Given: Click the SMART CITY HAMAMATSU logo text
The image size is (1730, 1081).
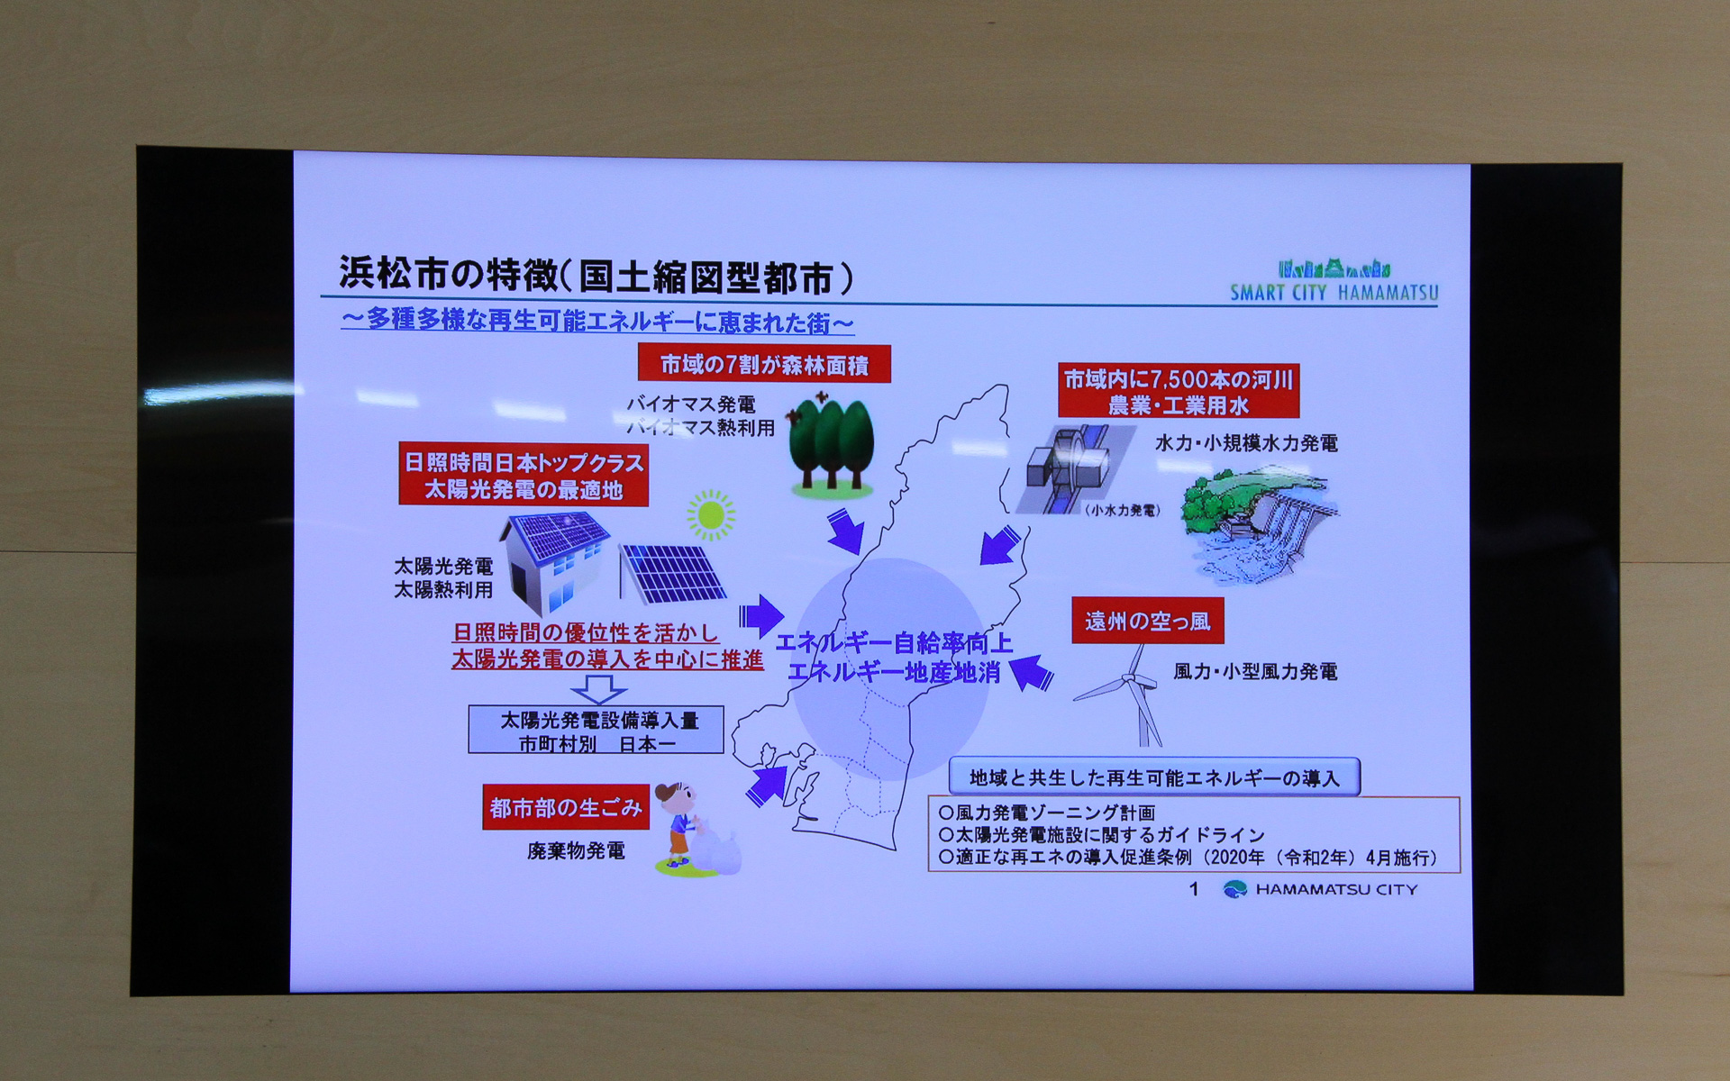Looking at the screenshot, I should tap(1334, 293).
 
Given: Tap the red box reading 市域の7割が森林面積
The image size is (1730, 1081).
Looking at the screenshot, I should tap(764, 365).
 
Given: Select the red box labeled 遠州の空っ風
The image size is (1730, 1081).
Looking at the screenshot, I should tap(1147, 621).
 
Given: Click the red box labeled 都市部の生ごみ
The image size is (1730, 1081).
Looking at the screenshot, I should tap(566, 807).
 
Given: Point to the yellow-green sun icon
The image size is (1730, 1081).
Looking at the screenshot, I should tap(711, 515).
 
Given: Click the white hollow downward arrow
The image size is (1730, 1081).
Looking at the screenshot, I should tap(599, 689).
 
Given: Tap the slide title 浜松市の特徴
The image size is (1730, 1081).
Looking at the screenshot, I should tap(595, 277).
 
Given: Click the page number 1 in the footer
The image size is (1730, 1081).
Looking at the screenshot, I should tap(1194, 889).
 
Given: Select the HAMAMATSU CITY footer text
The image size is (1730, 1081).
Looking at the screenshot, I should tap(1335, 890).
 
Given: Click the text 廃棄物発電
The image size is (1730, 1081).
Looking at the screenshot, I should tap(576, 851).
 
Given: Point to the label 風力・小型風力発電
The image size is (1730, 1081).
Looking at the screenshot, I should tap(1255, 672).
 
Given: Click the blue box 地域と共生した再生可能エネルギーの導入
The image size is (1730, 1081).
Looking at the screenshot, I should tap(1154, 777).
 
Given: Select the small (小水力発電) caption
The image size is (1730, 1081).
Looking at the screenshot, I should tap(1122, 511).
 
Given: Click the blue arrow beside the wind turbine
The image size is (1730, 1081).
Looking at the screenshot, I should tap(1031, 672).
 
